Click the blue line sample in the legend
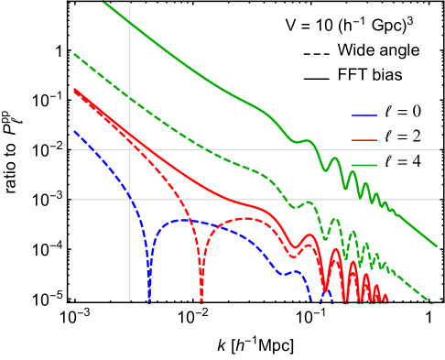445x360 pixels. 364,115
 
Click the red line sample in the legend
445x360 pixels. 364,140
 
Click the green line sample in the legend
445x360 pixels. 364,165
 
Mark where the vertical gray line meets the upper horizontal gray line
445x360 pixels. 130,149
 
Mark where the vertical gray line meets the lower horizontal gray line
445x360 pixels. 130,199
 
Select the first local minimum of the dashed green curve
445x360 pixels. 295,207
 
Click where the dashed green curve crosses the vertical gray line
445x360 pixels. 130,98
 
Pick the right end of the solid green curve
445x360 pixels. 437,246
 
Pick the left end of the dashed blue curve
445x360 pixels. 74,131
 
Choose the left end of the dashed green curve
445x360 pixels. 74,54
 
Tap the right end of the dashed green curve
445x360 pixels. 430,302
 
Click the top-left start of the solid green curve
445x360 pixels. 103,2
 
